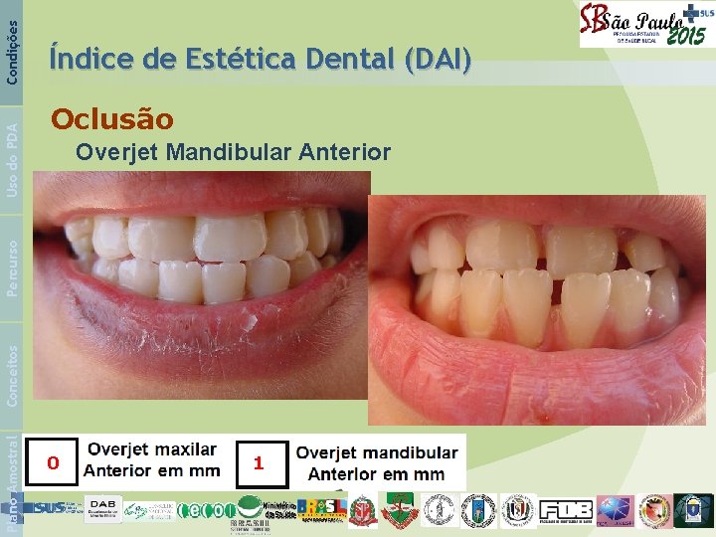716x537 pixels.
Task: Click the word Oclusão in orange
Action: point(112,120)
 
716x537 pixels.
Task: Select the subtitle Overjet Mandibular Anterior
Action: point(233,152)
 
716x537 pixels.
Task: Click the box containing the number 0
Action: point(54,462)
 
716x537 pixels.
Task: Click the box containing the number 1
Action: point(259,463)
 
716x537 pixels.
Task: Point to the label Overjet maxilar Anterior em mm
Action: point(152,460)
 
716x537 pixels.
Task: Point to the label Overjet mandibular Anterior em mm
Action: point(377,463)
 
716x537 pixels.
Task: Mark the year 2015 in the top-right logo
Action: point(685,36)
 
